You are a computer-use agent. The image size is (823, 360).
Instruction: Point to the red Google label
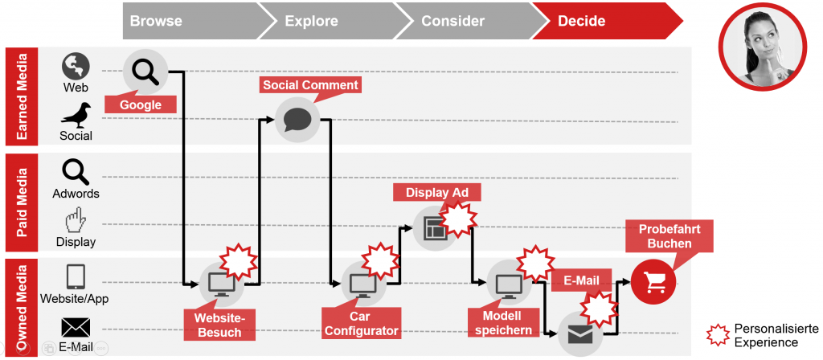[x=141, y=104]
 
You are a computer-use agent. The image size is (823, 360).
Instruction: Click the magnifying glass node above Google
[x=145, y=72]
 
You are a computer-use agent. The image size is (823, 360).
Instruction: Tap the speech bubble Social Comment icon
[x=297, y=120]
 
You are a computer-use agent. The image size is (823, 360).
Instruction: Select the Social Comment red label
[x=310, y=85]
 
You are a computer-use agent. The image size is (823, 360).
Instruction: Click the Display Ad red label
[x=436, y=192]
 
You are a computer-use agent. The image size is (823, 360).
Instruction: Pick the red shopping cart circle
[x=653, y=281]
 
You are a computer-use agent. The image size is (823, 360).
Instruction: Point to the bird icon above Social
[x=76, y=116]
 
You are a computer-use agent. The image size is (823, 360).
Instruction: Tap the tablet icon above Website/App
[x=76, y=277]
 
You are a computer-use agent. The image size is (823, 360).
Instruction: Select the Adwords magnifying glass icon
[x=76, y=172]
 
